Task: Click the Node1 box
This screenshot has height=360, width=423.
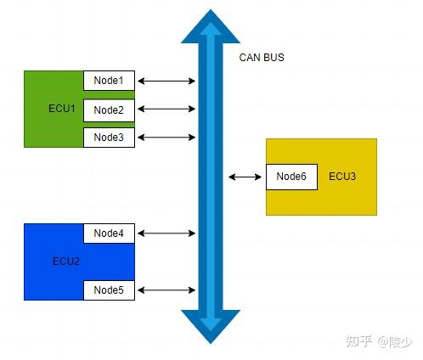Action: tap(109, 81)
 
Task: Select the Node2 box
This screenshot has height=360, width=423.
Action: tap(109, 110)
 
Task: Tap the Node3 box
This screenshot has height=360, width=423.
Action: tap(109, 138)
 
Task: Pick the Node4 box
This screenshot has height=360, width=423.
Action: tap(109, 233)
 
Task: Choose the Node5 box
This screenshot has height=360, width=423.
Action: tap(109, 290)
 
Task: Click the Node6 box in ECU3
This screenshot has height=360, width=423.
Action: tap(291, 177)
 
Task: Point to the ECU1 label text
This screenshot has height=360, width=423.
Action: tap(62, 110)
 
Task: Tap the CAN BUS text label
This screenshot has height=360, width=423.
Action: tap(262, 58)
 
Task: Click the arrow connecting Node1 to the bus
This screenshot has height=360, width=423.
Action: tap(166, 81)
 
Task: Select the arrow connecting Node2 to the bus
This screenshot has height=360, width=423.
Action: tap(166, 110)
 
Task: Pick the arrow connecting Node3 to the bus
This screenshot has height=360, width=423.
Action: tap(166, 138)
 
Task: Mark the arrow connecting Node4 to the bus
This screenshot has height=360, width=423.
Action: tap(166, 233)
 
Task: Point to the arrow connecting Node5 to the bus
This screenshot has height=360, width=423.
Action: tap(166, 290)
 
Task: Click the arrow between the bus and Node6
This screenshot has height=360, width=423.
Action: tap(245, 177)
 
